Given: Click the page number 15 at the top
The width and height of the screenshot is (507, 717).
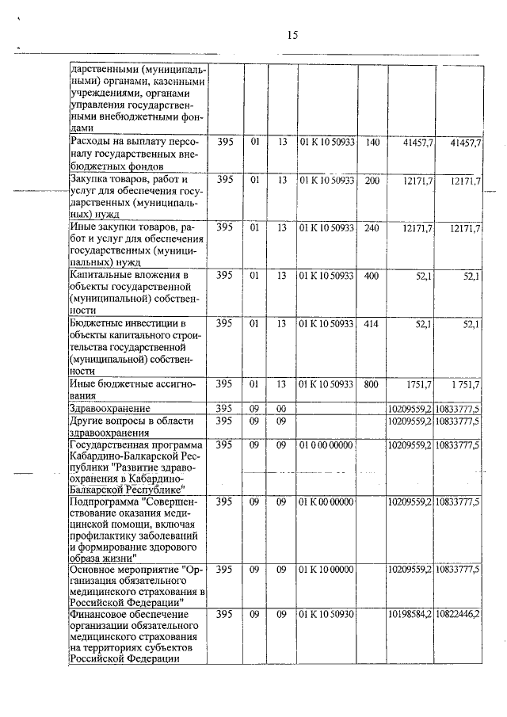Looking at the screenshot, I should (292, 35).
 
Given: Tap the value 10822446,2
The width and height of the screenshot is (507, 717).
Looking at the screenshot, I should (457, 614).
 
